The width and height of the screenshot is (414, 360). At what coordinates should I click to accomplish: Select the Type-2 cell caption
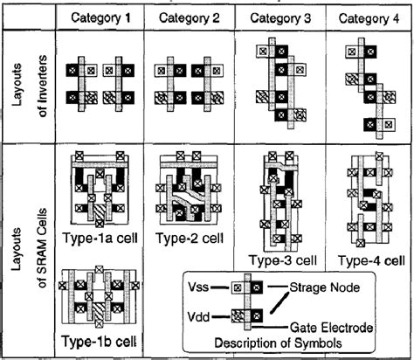point(192,238)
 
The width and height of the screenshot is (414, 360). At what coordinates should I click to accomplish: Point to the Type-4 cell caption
point(371,260)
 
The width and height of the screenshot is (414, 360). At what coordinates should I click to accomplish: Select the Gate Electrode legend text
point(340,328)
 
